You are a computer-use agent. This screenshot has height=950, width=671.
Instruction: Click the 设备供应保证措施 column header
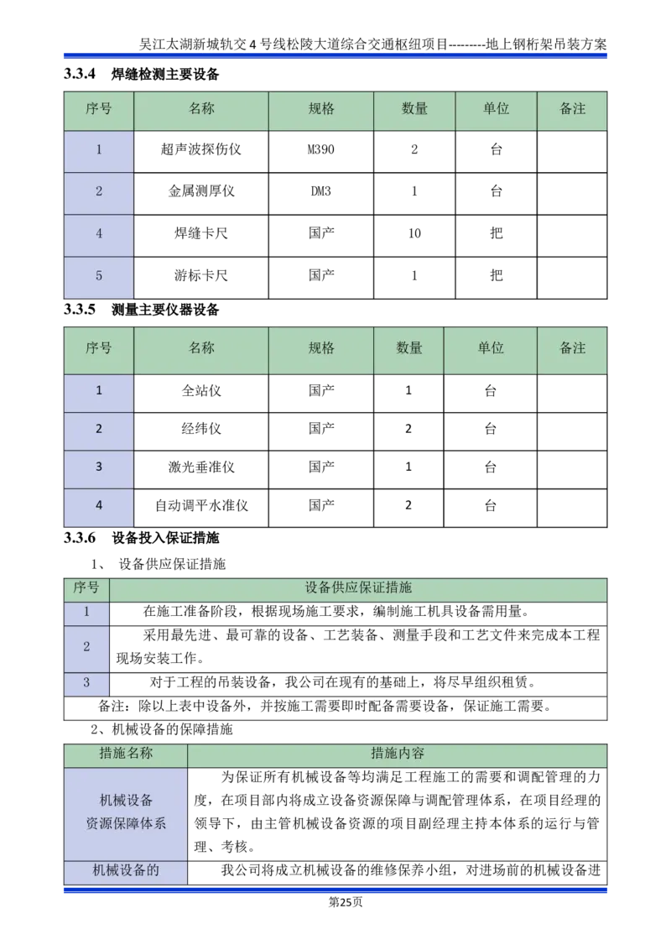coord(358,588)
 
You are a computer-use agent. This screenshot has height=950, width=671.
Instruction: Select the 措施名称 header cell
coord(126,754)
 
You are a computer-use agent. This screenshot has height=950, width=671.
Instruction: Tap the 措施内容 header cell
coord(398,754)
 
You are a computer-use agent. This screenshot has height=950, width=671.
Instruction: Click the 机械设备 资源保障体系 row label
coord(126,812)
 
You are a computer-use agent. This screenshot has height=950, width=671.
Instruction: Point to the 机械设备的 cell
coord(126,871)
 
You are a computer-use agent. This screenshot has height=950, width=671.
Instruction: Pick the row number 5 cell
coord(99,276)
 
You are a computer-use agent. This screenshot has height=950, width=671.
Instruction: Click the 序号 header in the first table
coord(99,109)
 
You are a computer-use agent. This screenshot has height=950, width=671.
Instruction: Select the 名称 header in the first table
coord(201,109)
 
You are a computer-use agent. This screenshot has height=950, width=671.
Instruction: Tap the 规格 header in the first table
coord(321,109)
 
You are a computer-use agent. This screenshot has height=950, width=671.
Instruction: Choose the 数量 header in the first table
coord(414,109)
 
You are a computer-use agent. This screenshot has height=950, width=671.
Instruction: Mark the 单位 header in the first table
coord(496,109)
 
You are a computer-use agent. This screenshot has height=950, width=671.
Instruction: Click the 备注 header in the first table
coord(572,109)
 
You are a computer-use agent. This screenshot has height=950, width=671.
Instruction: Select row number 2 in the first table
coord(99,192)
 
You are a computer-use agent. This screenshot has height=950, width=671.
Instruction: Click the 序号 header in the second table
coord(99,348)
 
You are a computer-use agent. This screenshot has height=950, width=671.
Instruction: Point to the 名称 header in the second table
coord(201,348)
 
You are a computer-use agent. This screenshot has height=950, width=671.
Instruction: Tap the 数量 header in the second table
coord(409,348)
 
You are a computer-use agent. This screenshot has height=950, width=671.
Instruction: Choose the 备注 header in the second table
coord(572,348)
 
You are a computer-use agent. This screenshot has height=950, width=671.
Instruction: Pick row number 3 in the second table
coord(99,467)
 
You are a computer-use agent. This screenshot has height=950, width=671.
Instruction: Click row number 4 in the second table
coord(99,506)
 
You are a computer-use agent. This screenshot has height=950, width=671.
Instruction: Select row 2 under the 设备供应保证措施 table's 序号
coord(86,648)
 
